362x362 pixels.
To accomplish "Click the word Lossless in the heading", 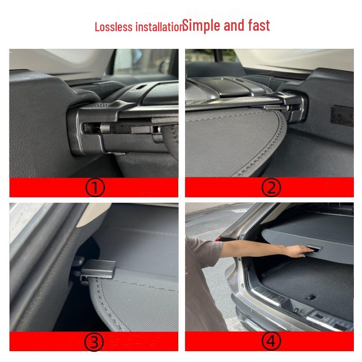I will coord(109,27).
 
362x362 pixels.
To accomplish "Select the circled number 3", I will coord(95,343).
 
